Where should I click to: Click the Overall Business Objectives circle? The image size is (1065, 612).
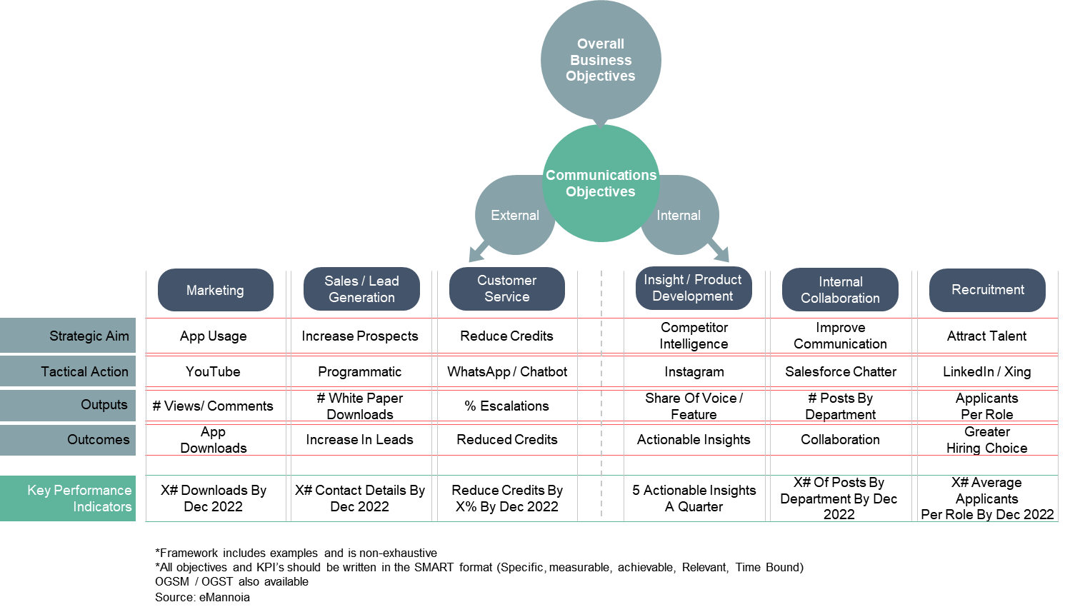(x=601, y=60)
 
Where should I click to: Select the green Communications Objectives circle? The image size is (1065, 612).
(x=601, y=184)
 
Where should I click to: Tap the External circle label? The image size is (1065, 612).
(x=514, y=216)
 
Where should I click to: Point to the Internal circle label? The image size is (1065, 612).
(x=679, y=216)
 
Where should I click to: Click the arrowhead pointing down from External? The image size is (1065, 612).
(x=476, y=254)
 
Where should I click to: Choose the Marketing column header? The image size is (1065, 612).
(x=215, y=290)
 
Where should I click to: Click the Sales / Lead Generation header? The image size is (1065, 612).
(x=361, y=289)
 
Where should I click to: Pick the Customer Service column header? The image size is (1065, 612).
(x=506, y=289)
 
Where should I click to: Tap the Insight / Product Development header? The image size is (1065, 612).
(x=693, y=288)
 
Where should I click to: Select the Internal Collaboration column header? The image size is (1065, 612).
(x=840, y=290)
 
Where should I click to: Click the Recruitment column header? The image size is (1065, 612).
(x=987, y=290)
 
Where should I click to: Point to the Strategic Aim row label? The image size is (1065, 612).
(x=68, y=336)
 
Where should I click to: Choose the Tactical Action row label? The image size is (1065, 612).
(x=68, y=371)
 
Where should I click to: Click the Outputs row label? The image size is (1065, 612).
(x=68, y=405)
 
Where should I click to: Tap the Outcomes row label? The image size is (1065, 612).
(x=68, y=440)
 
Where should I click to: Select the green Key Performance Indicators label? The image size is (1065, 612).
(x=68, y=498)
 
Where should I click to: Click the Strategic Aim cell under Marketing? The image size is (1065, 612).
(x=216, y=335)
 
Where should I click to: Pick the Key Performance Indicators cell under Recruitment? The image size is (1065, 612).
(x=987, y=498)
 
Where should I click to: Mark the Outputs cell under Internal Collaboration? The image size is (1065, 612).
(x=841, y=406)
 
